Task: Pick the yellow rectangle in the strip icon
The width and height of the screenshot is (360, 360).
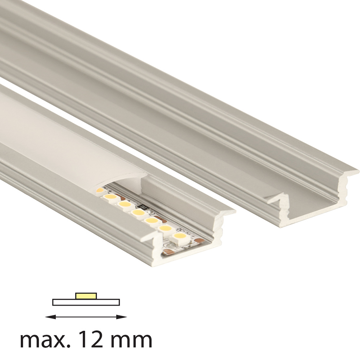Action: pos(86,296)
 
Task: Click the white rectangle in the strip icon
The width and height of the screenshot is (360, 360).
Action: pos(86,302)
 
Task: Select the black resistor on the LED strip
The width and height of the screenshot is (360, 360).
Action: pos(144,206)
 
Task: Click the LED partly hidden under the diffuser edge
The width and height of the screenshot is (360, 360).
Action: pos(100,190)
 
